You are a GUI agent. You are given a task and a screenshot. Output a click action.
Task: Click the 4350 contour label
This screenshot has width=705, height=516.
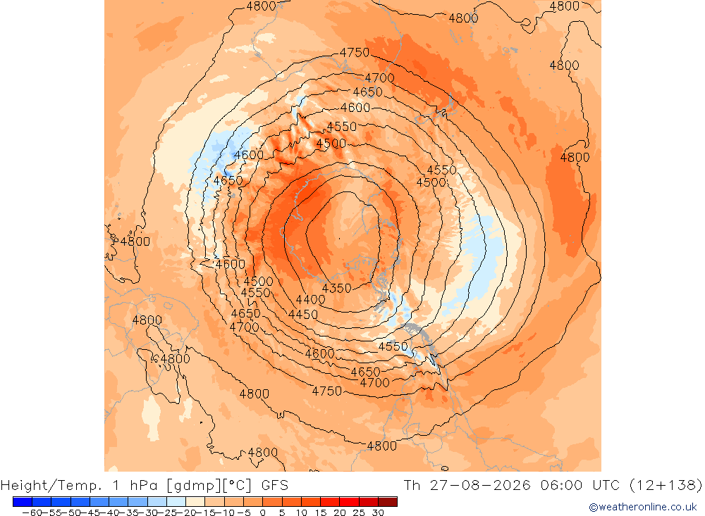click(337, 289)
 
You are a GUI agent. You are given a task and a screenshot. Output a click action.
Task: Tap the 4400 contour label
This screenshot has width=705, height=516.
click(310, 300)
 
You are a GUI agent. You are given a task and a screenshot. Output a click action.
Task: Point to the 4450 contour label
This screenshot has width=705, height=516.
click(303, 315)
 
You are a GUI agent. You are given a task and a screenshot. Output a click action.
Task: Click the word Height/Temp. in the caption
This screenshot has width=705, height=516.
click(51, 486)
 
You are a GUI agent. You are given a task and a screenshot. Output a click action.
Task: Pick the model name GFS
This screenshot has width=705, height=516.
click(275, 486)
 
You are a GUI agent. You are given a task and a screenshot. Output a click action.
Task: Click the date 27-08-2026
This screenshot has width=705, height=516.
click(480, 486)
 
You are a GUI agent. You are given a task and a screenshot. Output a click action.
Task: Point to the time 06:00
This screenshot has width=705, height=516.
click(561, 486)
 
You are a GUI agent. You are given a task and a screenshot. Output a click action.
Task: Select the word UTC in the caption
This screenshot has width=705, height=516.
click(606, 486)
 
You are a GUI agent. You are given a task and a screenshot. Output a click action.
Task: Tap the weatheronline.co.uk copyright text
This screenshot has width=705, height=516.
click(643, 507)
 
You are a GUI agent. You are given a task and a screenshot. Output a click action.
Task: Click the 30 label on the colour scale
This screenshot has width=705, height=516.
click(378, 512)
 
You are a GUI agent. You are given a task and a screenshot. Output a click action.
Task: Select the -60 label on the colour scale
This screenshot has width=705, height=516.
click(32, 512)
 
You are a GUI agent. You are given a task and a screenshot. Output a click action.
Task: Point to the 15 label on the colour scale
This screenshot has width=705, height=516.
click(320, 512)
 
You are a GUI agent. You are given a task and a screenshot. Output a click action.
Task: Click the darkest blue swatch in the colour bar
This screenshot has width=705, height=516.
click(23, 502)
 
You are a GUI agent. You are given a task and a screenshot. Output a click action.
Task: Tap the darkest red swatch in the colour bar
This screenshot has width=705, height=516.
click(388, 502)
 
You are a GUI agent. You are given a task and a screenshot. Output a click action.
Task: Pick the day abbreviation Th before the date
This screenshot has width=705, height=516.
click(412, 486)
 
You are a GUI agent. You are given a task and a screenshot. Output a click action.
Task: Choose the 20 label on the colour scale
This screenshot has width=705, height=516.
click(340, 512)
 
